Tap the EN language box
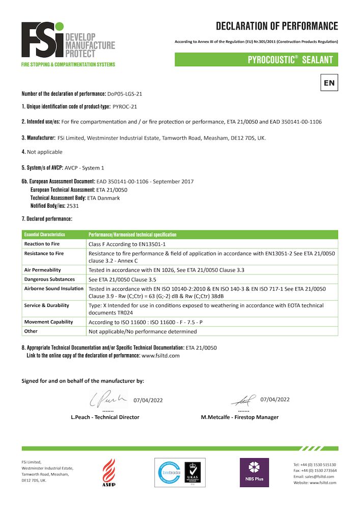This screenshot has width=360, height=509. tap(329, 82)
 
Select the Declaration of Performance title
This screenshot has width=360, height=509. tap(276, 26)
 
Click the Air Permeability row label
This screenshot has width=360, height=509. tap(43, 270)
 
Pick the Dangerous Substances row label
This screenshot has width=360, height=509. tap(49, 279)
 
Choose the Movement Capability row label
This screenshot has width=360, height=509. tap(48, 322)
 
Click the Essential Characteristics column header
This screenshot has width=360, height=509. tap(45, 235)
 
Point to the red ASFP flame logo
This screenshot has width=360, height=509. tap(109, 471)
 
